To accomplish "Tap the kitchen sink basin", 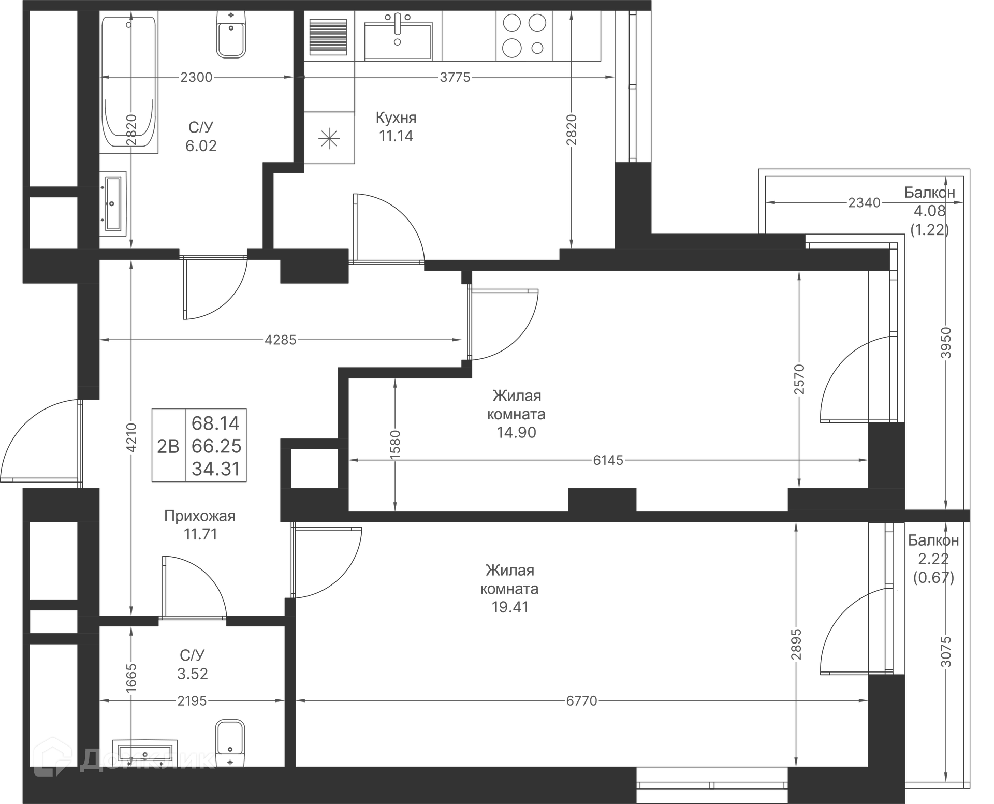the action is [x=398, y=41].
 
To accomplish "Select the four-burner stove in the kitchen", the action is [x=524, y=35].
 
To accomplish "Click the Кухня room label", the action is [x=396, y=118].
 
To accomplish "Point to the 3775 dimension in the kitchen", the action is [x=455, y=77].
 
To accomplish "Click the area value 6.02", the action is [x=201, y=146].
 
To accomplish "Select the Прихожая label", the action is [x=200, y=516].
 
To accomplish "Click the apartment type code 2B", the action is [x=168, y=446].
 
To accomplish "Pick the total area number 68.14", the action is [x=216, y=423].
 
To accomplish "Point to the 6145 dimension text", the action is [x=608, y=460].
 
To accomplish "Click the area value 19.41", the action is [x=510, y=607].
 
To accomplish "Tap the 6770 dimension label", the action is [x=582, y=701].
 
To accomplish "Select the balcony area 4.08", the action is [x=930, y=211].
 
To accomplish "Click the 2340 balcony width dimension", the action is [x=864, y=202].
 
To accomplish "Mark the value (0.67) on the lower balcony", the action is [x=933, y=577].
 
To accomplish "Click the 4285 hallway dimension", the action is [x=281, y=340].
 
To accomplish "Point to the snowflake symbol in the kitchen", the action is [x=329, y=138].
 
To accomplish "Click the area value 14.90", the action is [x=516, y=432].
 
